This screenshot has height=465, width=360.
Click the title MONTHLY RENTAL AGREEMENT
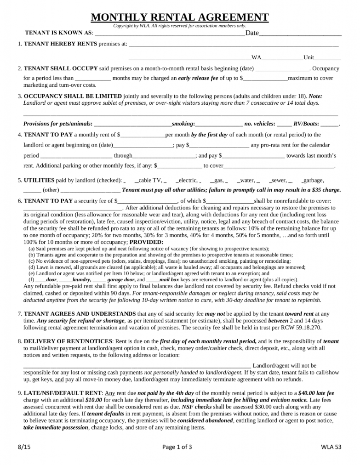point(180,17)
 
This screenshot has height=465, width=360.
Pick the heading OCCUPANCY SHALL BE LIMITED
point(73,96)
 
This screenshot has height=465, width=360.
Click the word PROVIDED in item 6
point(146,242)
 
